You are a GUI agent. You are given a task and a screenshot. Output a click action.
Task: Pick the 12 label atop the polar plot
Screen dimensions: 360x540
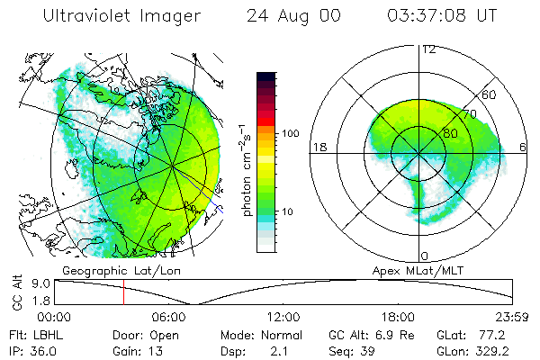tap(428, 49)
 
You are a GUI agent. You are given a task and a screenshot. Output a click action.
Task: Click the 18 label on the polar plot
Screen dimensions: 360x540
tap(319, 147)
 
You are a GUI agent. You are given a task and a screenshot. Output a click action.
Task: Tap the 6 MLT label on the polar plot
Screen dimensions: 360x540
tap(524, 147)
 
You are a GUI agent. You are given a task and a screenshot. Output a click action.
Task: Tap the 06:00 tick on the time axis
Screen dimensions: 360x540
tap(168, 317)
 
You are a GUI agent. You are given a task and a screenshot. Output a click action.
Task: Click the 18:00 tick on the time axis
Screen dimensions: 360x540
tap(397, 317)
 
